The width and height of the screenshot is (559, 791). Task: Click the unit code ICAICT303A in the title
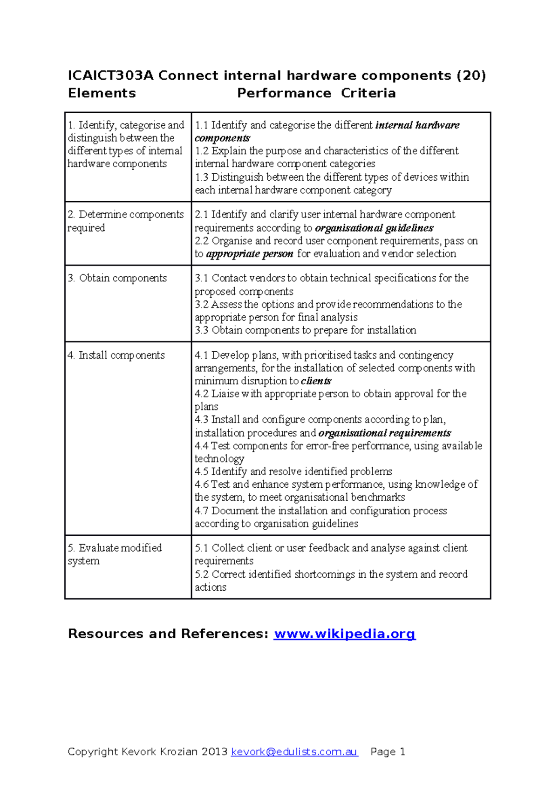tap(110, 75)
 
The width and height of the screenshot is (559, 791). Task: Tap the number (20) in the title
tap(471, 75)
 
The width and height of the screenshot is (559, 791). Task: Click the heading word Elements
tap(102, 93)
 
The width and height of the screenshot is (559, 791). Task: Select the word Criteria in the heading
tap(368, 93)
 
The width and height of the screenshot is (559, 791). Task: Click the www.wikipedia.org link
tap(344, 634)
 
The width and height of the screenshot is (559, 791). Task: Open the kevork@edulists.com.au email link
tap(294, 751)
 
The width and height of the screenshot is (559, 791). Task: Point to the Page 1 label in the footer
tap(388, 751)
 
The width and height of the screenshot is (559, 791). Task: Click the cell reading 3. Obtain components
tap(117, 278)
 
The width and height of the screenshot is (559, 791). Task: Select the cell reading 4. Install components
tap(116, 355)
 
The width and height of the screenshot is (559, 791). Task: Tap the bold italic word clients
tap(316, 381)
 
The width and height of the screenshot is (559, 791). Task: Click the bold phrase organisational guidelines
tap(374, 228)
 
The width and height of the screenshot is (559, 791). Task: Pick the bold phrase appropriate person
tap(250, 254)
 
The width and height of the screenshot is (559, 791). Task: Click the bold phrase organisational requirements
tap(385, 433)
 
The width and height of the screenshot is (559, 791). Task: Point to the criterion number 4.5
tap(201, 471)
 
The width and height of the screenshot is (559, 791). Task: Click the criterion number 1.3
tap(201, 177)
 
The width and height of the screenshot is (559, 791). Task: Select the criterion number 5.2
tap(201, 574)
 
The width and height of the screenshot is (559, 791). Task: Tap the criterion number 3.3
tap(201, 330)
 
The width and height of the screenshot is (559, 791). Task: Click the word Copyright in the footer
tap(93, 751)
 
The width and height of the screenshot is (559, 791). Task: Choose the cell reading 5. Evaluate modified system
tap(115, 554)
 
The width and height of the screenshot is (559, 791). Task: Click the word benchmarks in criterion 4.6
tap(378, 498)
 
